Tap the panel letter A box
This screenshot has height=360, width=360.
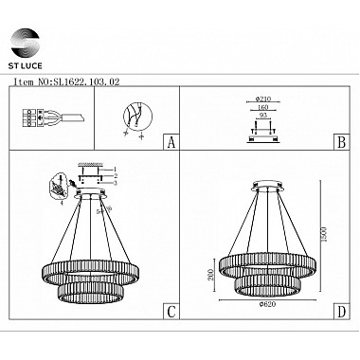pos(171,144)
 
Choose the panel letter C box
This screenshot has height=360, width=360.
pos(171,312)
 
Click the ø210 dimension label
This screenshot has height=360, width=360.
pos(263,98)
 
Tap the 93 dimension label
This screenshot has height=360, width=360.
pos(263,116)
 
